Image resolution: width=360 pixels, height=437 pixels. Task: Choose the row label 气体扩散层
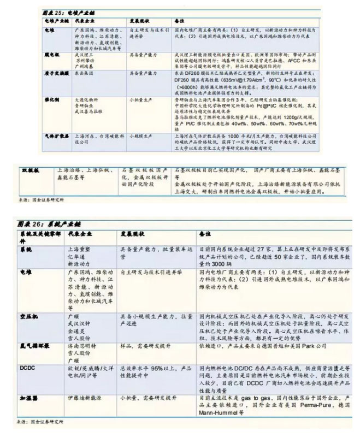coord(54,134)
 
